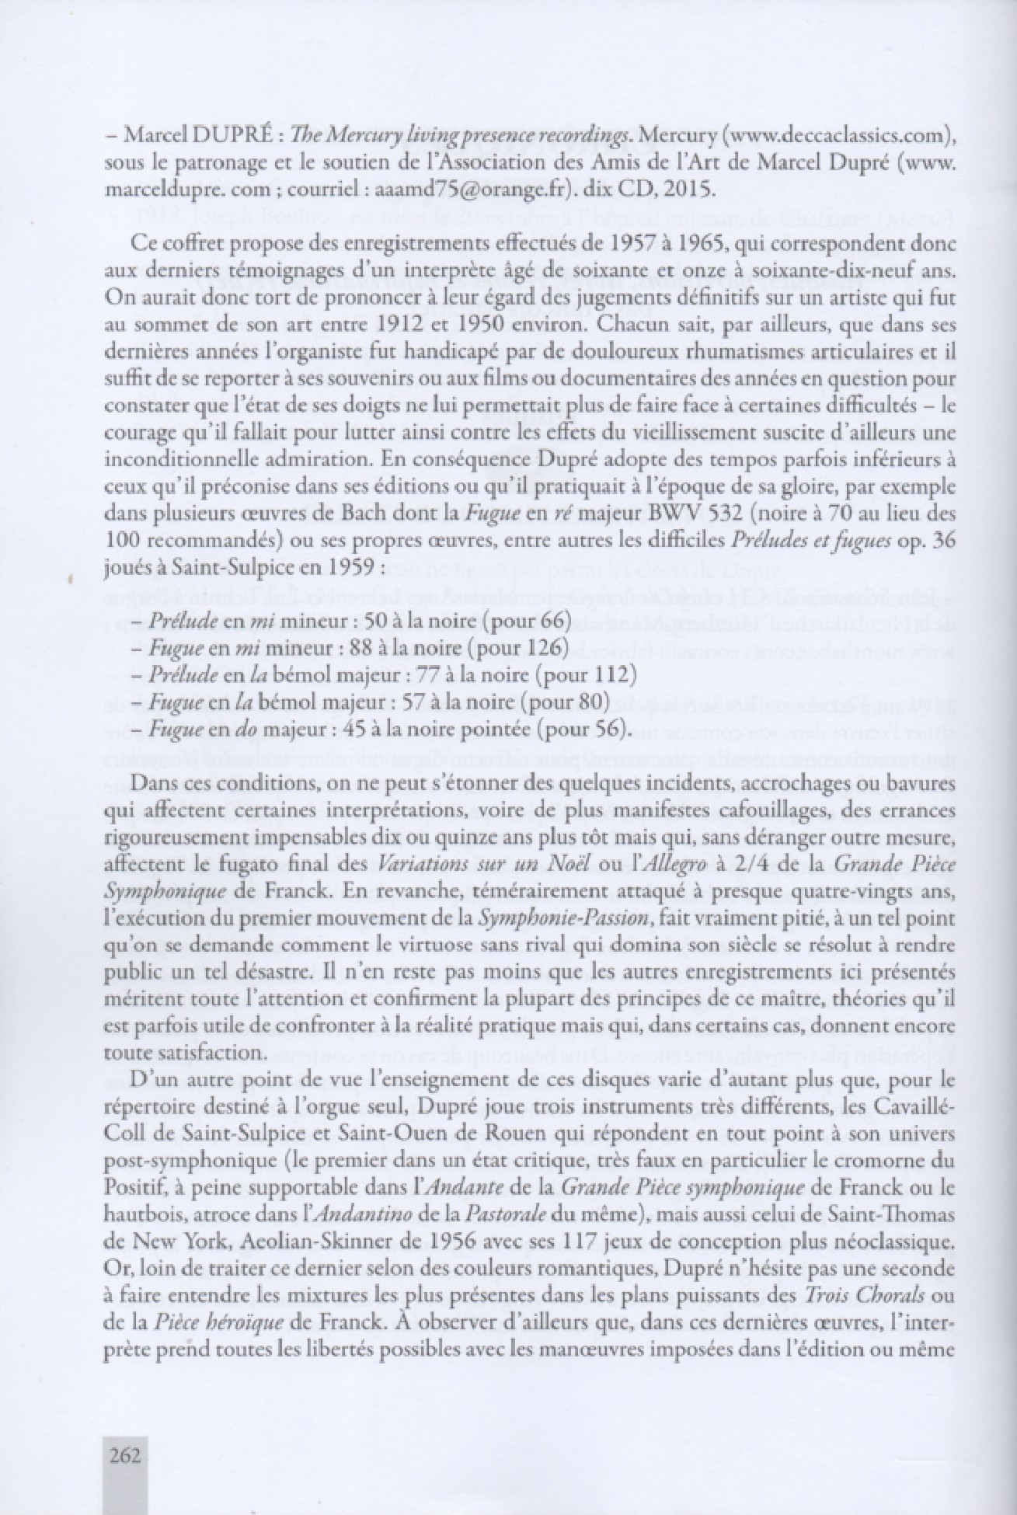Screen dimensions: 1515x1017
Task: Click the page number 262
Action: [125, 1454]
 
